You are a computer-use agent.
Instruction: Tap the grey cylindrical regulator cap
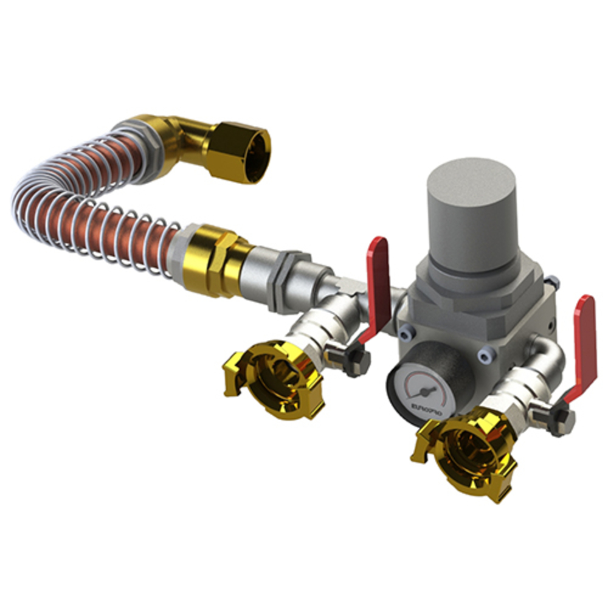click(471, 213)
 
